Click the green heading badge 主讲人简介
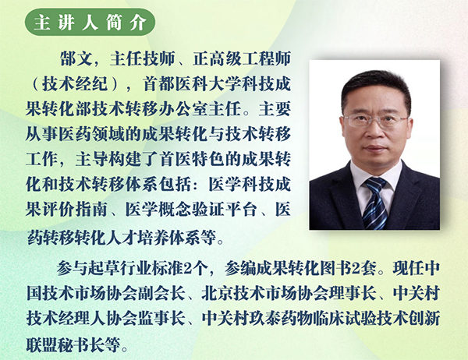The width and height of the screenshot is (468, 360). (90, 22)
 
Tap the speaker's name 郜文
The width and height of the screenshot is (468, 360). (76, 58)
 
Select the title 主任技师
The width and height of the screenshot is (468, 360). (142, 58)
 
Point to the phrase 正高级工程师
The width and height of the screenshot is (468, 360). (242, 58)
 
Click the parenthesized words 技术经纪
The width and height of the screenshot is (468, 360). (75, 84)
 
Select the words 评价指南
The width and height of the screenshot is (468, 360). (75, 210)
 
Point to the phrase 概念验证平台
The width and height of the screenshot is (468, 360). (207, 210)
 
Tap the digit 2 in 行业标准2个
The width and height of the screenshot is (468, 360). (188, 268)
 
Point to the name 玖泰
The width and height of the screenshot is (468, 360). (264, 319)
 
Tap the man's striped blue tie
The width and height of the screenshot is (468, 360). (375, 203)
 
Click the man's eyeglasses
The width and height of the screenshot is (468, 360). (375, 120)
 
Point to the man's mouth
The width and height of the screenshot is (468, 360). (375, 148)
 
